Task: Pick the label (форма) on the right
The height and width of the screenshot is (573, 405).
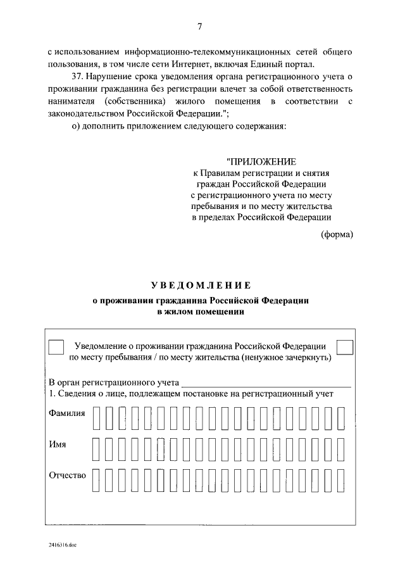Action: [337, 235]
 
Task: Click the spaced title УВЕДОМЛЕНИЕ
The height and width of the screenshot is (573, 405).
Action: [201, 286]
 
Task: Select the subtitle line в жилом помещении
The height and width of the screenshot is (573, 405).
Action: [201, 312]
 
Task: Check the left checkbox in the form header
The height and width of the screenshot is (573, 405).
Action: [56, 348]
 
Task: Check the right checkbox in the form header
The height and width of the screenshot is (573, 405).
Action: [345, 348]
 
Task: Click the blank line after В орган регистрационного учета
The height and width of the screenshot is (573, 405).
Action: [266, 383]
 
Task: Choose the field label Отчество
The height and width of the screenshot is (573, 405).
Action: [67, 475]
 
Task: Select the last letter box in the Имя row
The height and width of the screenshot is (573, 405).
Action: [342, 449]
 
